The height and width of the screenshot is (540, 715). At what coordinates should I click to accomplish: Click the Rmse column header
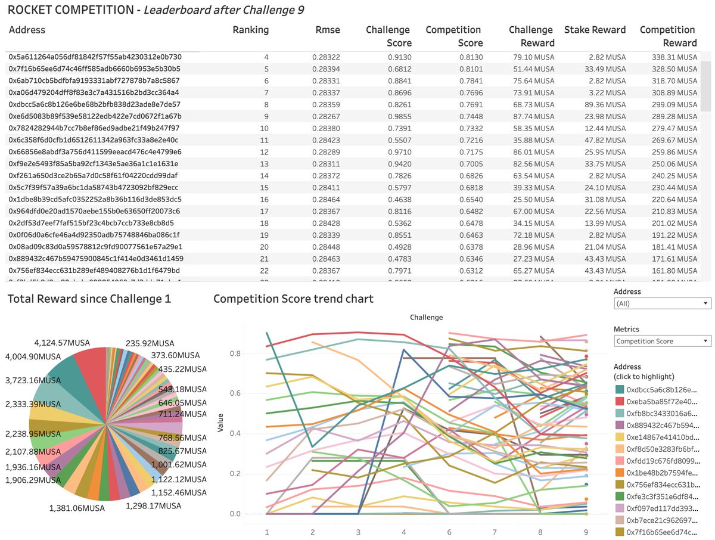328,30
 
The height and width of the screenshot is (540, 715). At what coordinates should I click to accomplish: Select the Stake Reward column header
595,30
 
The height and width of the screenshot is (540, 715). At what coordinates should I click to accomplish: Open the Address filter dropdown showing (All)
662,303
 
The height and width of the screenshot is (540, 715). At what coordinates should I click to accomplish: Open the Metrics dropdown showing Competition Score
662,341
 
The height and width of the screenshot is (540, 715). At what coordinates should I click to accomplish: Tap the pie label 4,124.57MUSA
63,343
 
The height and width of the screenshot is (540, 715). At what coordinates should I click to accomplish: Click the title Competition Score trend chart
293,298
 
